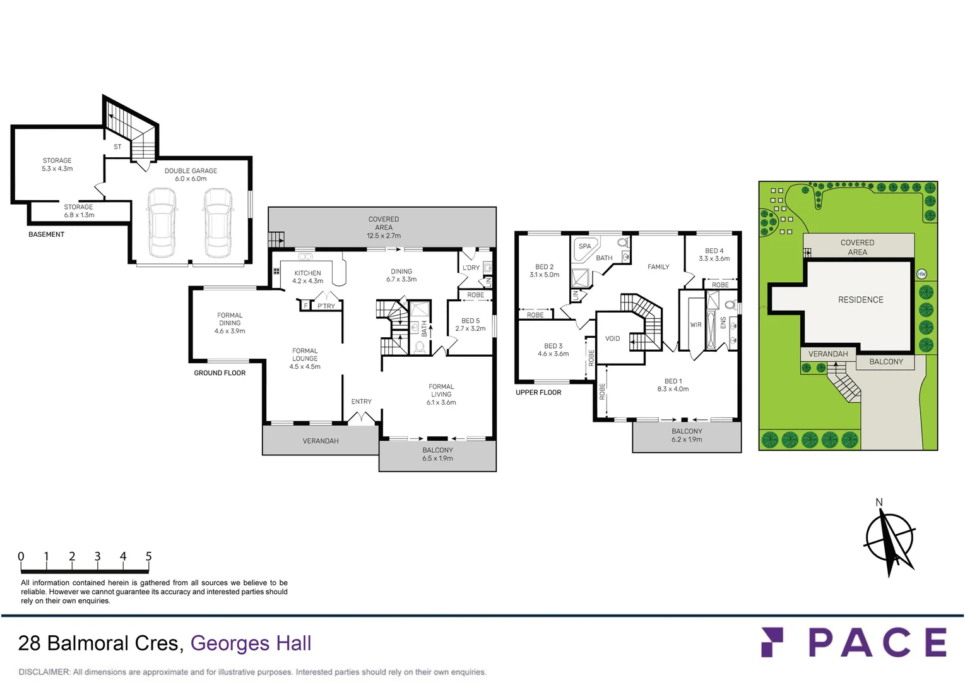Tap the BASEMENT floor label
(46, 234)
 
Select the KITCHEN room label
(307, 273)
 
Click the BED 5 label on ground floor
(470, 321)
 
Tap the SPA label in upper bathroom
(585, 246)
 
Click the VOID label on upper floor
(612, 338)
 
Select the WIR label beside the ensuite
(696, 325)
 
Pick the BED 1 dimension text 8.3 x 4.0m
(673, 389)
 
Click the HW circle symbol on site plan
(921, 274)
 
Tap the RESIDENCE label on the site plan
(860, 300)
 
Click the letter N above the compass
(879, 503)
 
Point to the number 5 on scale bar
(149, 556)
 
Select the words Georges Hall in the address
(251, 643)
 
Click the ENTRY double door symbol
(362, 417)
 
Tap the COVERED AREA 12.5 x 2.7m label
(384, 227)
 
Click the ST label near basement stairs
(117, 147)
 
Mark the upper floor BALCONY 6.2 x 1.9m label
(687, 435)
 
